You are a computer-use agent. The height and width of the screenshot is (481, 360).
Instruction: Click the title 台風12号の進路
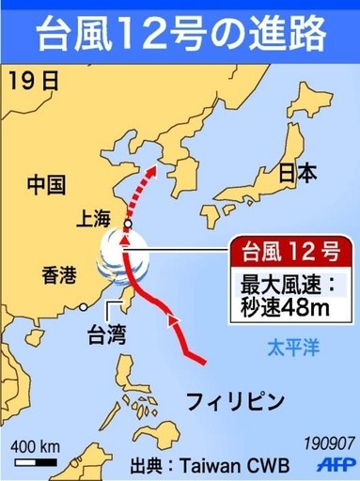pyautogui.click(x=180, y=32)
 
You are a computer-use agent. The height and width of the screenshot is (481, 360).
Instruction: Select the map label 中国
pyautogui.click(x=45, y=182)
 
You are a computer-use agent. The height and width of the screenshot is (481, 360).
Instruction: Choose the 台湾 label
pyautogui.click(x=106, y=334)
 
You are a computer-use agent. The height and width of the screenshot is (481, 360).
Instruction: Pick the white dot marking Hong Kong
pyautogui.click(x=86, y=305)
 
